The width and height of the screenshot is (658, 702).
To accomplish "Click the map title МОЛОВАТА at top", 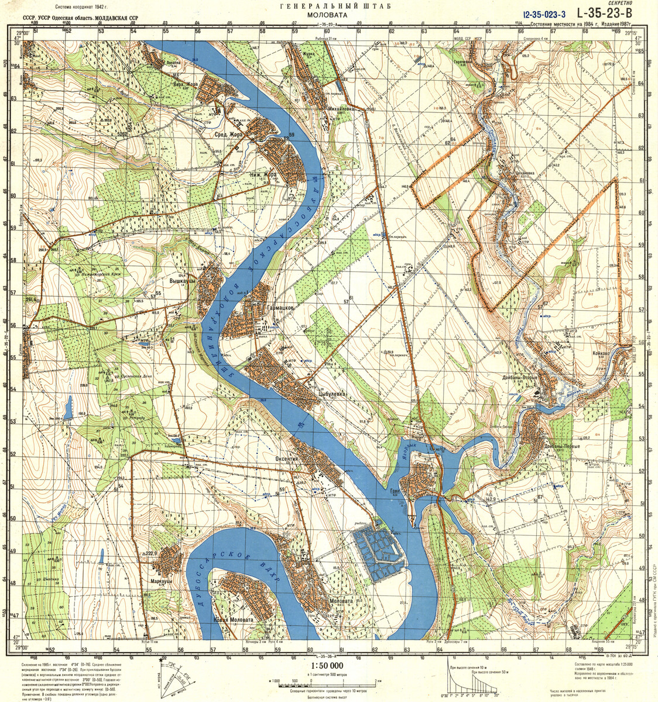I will pos(325,16).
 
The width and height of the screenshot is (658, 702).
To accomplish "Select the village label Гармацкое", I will pos(283,307).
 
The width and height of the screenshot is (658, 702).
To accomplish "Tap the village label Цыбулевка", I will pos(333,395).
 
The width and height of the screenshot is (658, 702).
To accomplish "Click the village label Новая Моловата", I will pos(233,620).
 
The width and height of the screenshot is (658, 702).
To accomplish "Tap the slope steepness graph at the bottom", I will pos(473,679).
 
